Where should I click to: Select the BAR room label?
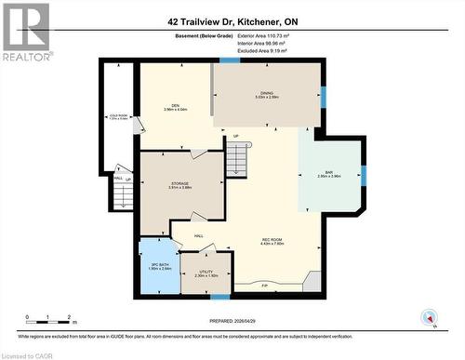tap(330, 173)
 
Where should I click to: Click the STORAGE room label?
tap(180, 185)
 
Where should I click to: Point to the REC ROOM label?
tap(271, 243)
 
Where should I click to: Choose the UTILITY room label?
tap(206, 273)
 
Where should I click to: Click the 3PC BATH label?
tap(158, 267)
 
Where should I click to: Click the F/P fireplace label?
tap(265, 286)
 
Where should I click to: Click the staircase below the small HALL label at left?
tap(122, 194)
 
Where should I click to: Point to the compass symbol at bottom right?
tap(430, 317)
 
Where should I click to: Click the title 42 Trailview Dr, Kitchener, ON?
tap(232, 20)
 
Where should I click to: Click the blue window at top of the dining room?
tap(230, 60)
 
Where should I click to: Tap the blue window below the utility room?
tap(219, 297)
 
